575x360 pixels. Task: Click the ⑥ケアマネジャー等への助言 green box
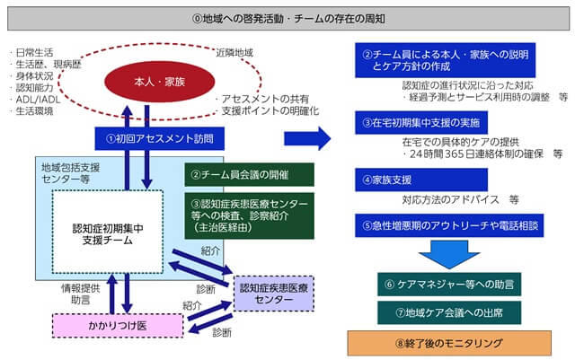(440, 285)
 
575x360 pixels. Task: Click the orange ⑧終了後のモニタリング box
(440, 343)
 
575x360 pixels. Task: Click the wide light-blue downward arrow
(440, 255)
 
